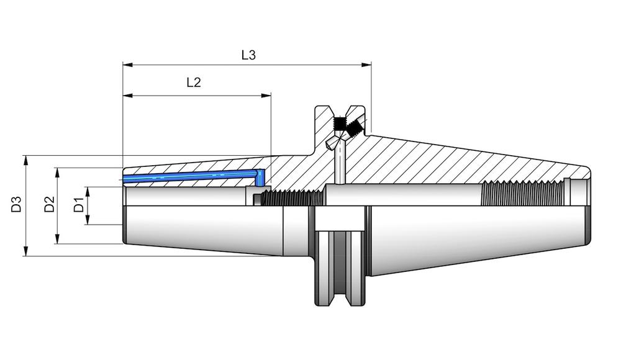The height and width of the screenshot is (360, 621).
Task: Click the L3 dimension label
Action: click(248, 55)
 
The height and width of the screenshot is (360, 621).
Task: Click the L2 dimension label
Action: click(194, 83)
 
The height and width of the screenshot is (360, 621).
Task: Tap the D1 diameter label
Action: click(79, 204)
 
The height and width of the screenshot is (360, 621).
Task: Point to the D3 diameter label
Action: click(17, 204)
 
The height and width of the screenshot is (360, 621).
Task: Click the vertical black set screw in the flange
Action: click(340, 122)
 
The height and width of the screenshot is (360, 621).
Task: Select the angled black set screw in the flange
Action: click(355, 128)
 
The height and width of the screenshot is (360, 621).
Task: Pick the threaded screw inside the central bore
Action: click(292, 198)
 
